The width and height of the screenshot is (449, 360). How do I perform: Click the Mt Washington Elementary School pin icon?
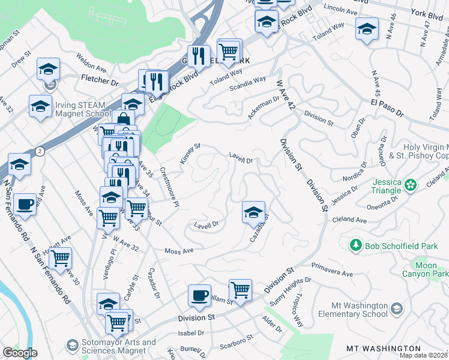coord(396,308)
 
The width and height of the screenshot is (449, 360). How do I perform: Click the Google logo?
coord(20,353)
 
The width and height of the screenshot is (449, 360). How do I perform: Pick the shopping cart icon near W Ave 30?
coord(60,259)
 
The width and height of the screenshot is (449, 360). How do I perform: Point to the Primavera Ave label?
coord(331,269)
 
